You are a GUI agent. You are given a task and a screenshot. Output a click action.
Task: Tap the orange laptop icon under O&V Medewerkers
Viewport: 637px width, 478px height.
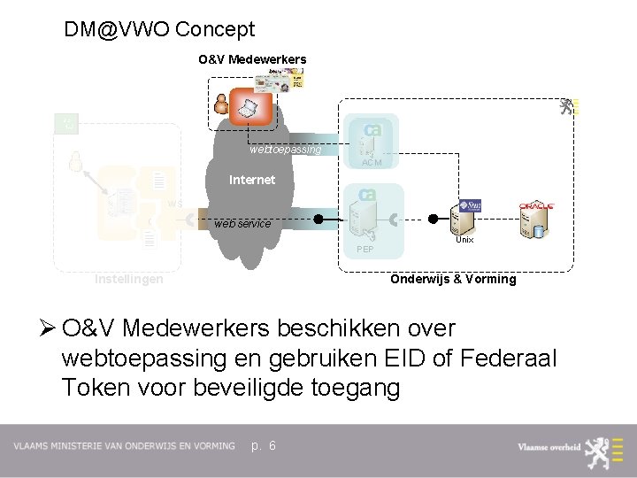(x=249, y=106)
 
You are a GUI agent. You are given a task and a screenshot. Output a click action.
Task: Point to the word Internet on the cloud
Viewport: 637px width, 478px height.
(x=252, y=180)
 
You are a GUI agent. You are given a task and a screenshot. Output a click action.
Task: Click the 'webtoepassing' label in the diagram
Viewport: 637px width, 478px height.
(x=285, y=150)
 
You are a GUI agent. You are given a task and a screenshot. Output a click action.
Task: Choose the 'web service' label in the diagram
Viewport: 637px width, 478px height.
(x=242, y=224)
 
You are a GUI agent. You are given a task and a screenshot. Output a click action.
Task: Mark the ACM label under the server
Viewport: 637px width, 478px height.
(x=372, y=162)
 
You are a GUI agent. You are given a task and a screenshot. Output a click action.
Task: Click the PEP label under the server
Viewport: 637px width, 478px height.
(x=365, y=251)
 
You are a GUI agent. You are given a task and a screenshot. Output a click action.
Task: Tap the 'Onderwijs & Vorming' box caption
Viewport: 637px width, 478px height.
(x=453, y=279)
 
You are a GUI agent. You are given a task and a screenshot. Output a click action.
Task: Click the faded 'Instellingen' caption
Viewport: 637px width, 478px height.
(x=129, y=280)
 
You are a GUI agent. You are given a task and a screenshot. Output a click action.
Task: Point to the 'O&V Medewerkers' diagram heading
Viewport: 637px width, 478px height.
(x=252, y=59)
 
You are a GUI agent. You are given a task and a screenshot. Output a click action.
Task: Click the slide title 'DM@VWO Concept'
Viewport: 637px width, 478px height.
(x=159, y=29)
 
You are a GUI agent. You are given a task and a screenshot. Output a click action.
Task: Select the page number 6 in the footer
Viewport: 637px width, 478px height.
(x=272, y=445)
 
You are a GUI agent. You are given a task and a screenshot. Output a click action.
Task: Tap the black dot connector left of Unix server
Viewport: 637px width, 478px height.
(x=434, y=219)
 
